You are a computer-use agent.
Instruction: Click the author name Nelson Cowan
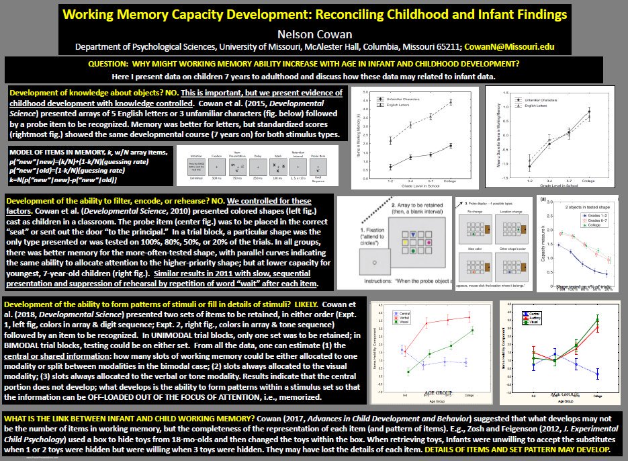[x=314, y=34]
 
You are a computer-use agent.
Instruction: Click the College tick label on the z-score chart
[x=589, y=180]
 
